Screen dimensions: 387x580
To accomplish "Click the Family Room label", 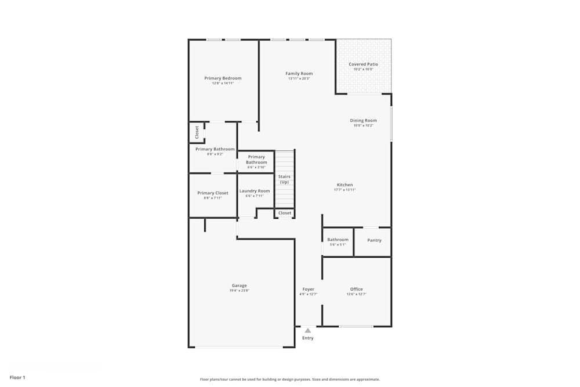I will [299, 74].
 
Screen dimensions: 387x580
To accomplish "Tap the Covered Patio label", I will [363, 64].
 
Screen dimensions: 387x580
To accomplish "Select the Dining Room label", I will [363, 121].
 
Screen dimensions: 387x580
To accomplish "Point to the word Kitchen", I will [345, 185].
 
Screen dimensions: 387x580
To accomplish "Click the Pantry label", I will [374, 240].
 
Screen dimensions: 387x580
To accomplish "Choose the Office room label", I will [356, 289].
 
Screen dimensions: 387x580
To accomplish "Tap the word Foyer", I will [308, 289].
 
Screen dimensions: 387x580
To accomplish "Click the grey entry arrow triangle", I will [308, 331].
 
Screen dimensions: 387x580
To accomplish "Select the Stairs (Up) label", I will [284, 179].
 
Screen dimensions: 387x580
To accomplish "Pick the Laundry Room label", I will [255, 191].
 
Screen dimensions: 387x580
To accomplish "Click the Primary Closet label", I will [213, 193].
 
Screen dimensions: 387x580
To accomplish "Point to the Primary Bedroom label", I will [223, 78].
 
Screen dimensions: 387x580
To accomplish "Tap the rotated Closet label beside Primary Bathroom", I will [197, 132].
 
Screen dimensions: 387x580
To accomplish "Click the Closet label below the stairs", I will [285, 213].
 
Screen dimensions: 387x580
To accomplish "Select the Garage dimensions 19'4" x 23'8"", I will [239, 291].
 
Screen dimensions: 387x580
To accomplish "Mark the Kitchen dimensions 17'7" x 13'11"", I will [345, 190].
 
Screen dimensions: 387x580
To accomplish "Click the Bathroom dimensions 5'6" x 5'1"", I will [338, 244].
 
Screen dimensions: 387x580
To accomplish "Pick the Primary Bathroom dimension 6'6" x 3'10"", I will [256, 167].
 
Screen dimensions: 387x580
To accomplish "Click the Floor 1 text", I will [17, 377].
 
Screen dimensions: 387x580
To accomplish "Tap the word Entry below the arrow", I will [308, 338].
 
